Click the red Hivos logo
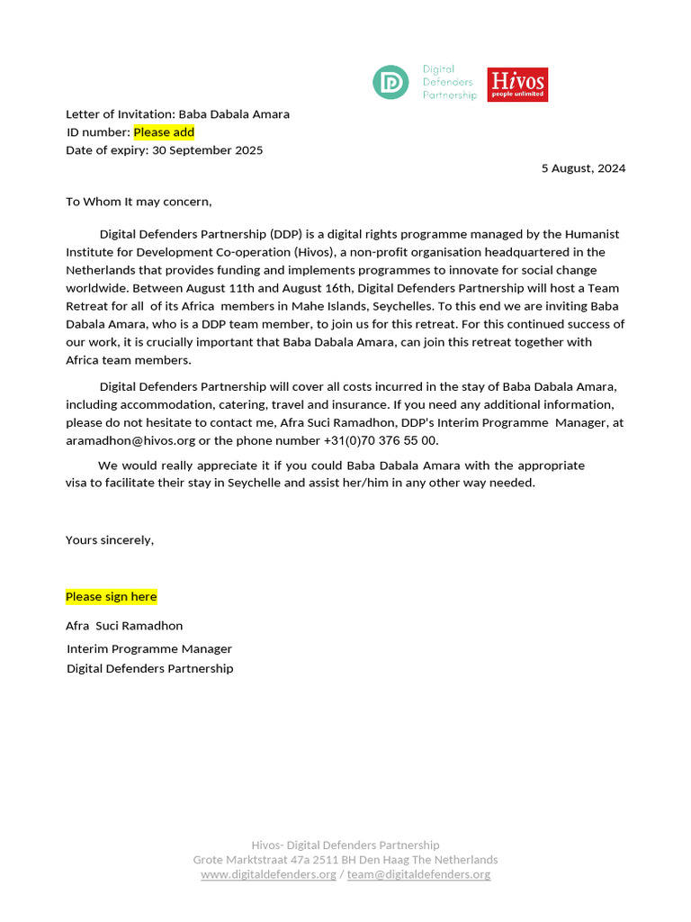pyautogui.click(x=517, y=85)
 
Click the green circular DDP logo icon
pyautogui.click(x=390, y=82)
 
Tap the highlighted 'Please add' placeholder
pyautogui.click(x=164, y=132)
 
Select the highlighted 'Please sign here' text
pyautogui.click(x=111, y=596)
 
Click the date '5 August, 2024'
pyautogui.click(x=583, y=168)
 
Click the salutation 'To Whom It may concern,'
pyautogui.click(x=139, y=202)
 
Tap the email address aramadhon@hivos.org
pyautogui.click(x=130, y=440)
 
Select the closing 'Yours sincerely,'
pyautogui.click(x=110, y=539)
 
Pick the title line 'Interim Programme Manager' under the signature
pyautogui.click(x=149, y=648)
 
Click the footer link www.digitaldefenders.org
pyautogui.click(x=268, y=873)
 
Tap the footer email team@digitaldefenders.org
pyautogui.click(x=418, y=873)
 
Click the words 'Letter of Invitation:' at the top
pyautogui.click(x=121, y=114)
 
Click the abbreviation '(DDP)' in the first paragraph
pyautogui.click(x=287, y=234)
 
